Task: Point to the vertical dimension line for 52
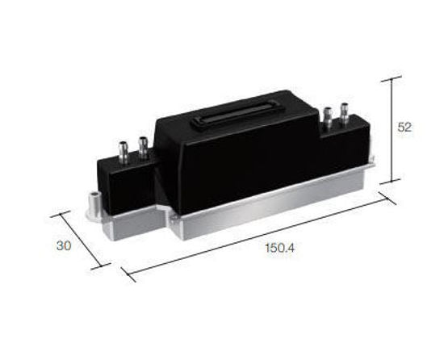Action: click(x=392, y=129)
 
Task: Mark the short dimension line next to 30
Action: click(x=80, y=241)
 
